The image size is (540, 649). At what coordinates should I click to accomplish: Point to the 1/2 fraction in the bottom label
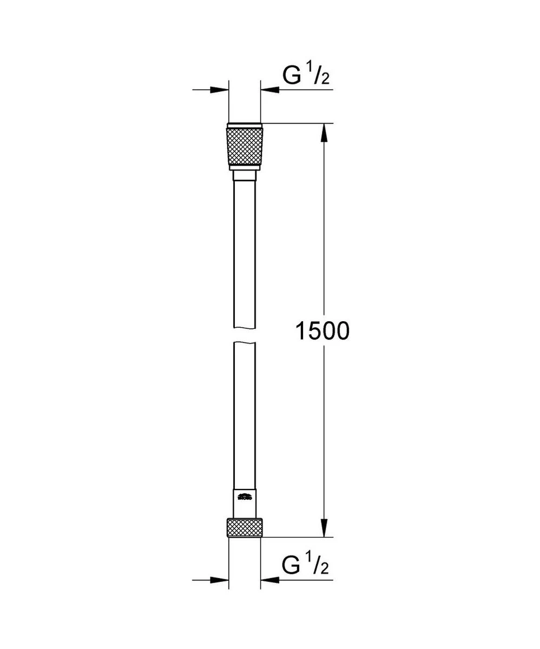click(x=319, y=566)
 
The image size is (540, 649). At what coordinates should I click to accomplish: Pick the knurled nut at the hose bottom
click(x=245, y=527)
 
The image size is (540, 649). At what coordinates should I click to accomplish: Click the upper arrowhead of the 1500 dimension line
click(x=324, y=133)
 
